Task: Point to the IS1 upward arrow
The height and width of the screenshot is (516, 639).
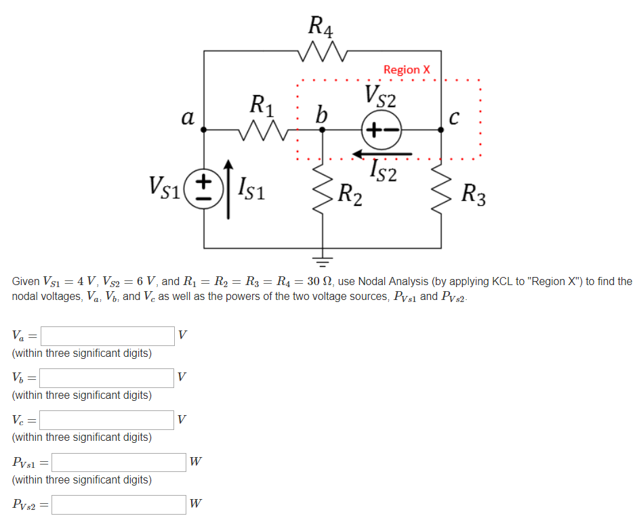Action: tap(228, 190)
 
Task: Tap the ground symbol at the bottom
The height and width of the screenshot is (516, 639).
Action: tap(323, 259)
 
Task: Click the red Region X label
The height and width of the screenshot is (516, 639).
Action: tap(407, 70)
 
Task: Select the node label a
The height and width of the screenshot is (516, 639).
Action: tap(188, 118)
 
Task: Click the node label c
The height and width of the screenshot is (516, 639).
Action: tap(455, 119)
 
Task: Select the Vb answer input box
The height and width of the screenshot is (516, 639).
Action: tap(107, 378)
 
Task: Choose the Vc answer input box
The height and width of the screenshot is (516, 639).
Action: tap(107, 420)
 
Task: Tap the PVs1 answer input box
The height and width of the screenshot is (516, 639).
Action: tap(119, 463)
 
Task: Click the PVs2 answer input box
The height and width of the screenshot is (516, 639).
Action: tap(119, 504)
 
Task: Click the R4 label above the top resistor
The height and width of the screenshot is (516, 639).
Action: tap(321, 26)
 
